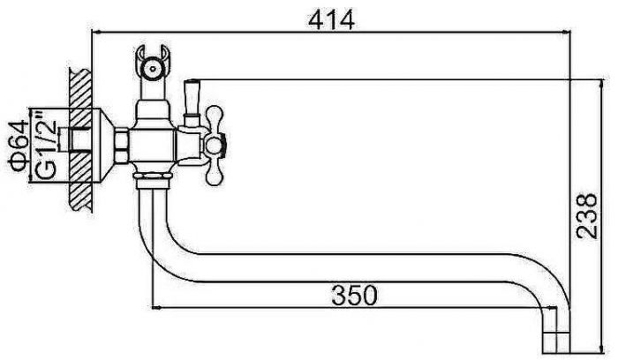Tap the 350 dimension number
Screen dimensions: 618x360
(x=354, y=296)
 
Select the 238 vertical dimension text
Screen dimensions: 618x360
(x=587, y=215)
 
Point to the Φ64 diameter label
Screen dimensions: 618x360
(x=19, y=146)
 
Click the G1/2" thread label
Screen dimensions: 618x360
(x=46, y=144)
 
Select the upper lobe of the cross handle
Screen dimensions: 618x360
(x=214, y=117)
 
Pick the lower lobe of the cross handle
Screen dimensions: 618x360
(x=214, y=169)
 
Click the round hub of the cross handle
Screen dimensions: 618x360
(x=214, y=143)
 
